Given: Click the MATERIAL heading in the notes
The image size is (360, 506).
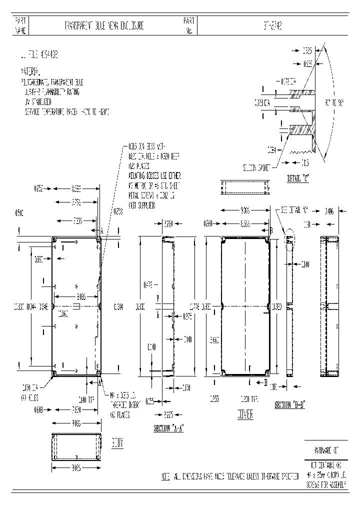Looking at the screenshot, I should click(31, 71).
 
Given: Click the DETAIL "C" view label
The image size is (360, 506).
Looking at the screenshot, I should click(298, 177).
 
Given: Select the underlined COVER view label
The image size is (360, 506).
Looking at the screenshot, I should click(245, 414).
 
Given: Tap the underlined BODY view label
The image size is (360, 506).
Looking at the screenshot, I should click(116, 443).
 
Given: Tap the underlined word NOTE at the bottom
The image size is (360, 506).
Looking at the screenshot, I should click(166, 477).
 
